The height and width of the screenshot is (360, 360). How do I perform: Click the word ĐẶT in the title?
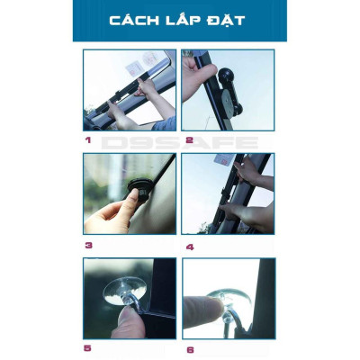[225, 20]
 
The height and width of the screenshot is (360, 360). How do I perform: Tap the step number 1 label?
[87, 140]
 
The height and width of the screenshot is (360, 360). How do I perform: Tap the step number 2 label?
[189, 140]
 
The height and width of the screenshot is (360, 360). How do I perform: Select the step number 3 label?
[87, 244]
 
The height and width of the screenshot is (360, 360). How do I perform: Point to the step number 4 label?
[189, 246]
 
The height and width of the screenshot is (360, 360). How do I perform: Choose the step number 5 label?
[87, 347]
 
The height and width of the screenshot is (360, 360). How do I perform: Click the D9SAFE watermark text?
[180, 142]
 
